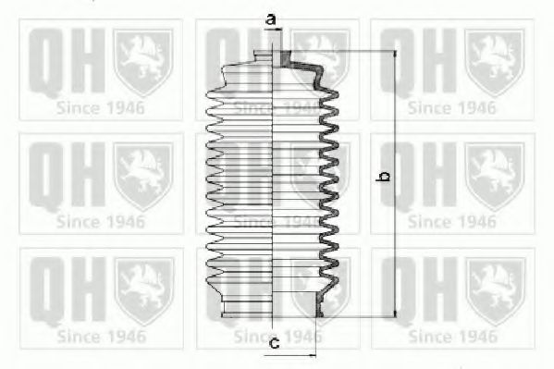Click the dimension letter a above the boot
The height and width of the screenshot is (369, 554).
(271, 19)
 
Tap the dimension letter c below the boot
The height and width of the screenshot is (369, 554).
(274, 342)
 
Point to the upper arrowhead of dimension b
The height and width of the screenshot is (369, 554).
(395, 54)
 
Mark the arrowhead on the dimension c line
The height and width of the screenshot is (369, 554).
(313, 356)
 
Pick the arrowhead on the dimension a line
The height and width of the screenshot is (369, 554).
(278, 30)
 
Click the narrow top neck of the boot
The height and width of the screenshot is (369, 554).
(272, 57)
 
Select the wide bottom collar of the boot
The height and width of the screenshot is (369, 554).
(271, 308)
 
